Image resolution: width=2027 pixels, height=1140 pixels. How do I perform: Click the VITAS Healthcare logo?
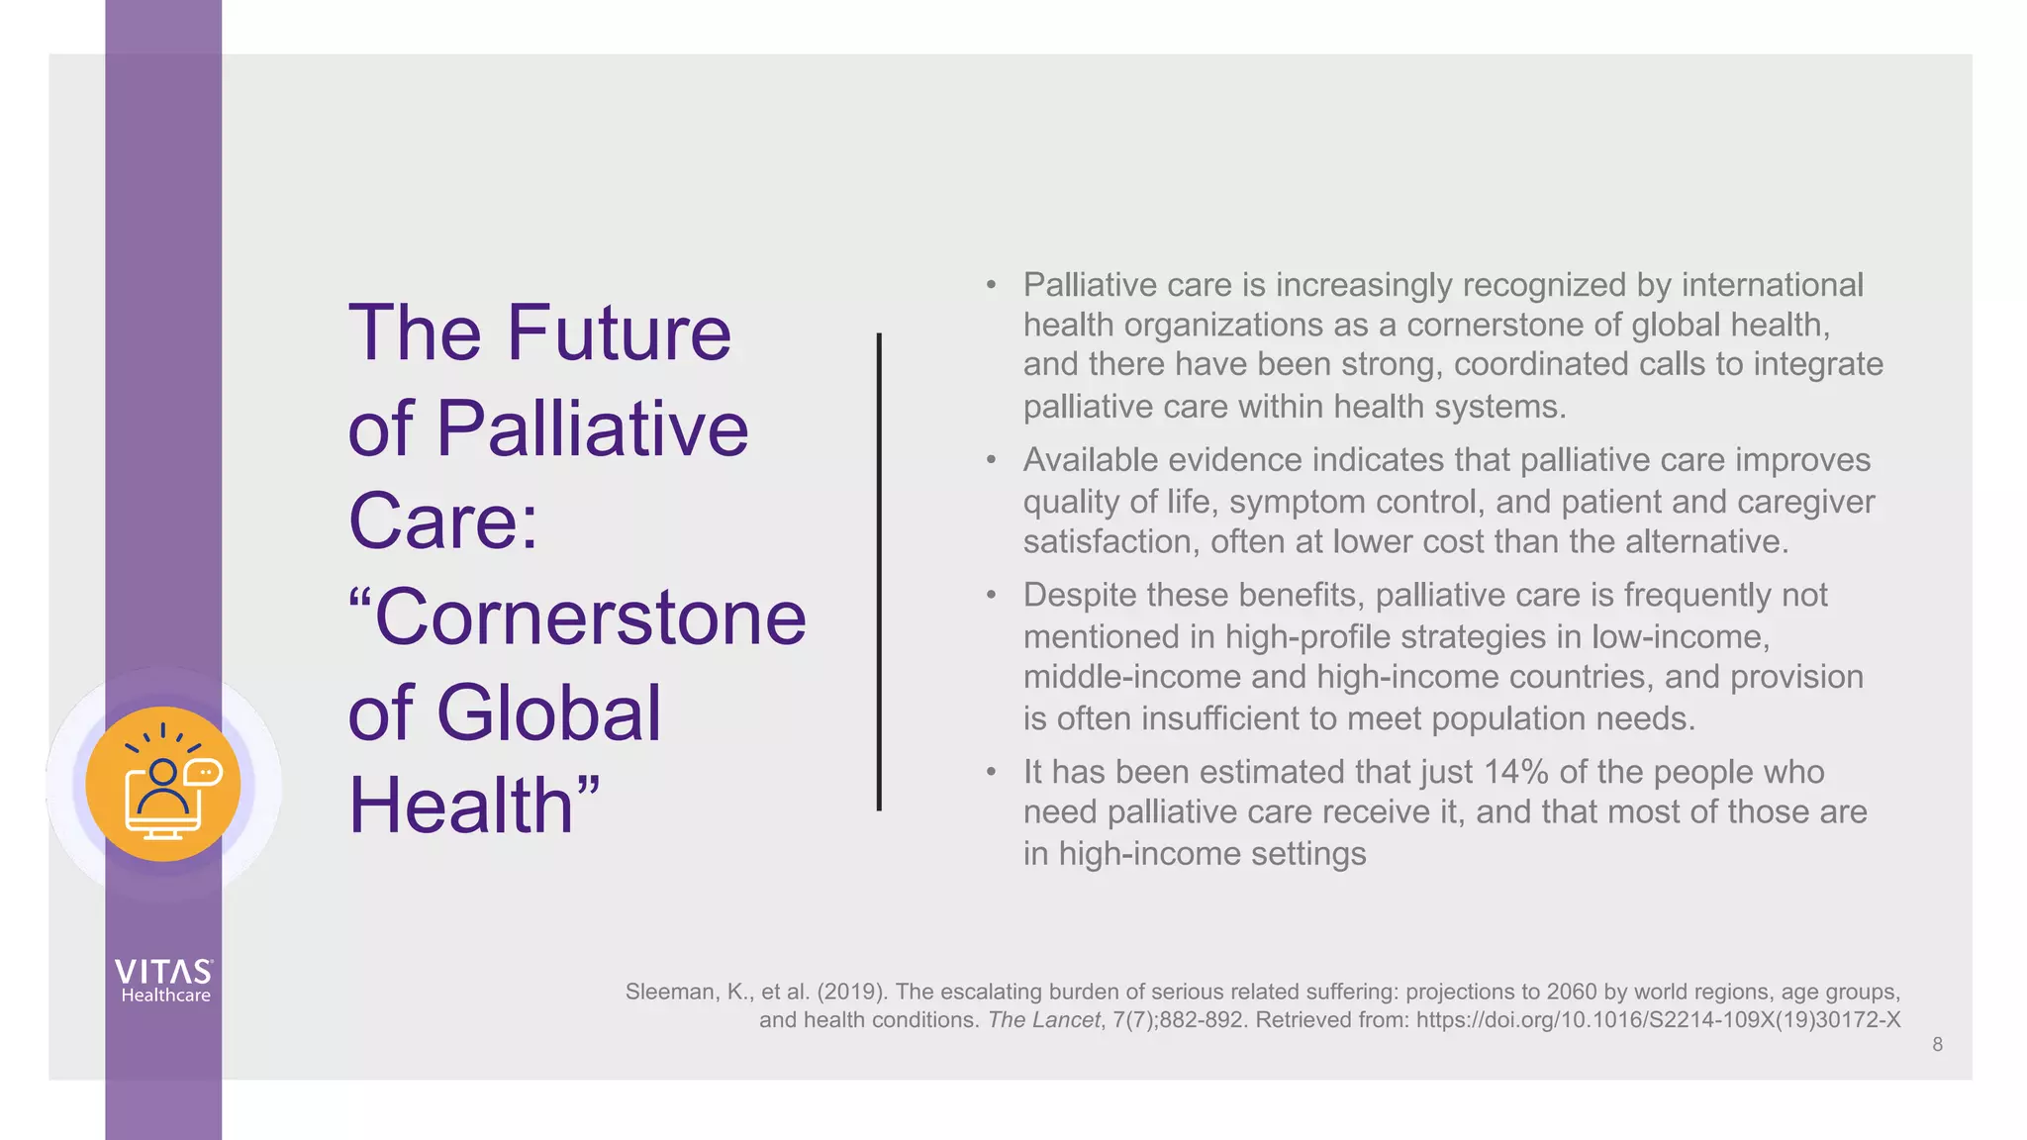click(x=164, y=981)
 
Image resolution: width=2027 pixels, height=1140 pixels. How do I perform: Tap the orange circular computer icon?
click(x=163, y=784)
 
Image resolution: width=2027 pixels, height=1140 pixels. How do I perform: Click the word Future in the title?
click(x=619, y=332)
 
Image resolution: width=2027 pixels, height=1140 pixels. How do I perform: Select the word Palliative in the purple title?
click(x=592, y=428)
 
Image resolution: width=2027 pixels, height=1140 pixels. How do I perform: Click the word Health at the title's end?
click(x=461, y=806)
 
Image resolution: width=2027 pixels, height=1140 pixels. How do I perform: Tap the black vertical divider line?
click(x=879, y=572)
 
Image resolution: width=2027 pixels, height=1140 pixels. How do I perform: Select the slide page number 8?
click(x=1937, y=1044)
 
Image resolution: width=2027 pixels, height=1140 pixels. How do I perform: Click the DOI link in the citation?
click(x=1658, y=1020)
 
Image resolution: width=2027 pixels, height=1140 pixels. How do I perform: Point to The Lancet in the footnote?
click(x=1043, y=1020)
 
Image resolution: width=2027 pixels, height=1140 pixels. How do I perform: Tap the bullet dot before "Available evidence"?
click(x=991, y=460)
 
